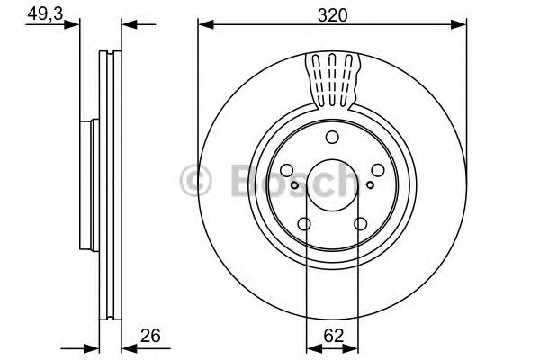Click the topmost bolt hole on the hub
[x=332, y=137]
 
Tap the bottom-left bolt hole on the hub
[x=305, y=224]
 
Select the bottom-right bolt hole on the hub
[x=360, y=224]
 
